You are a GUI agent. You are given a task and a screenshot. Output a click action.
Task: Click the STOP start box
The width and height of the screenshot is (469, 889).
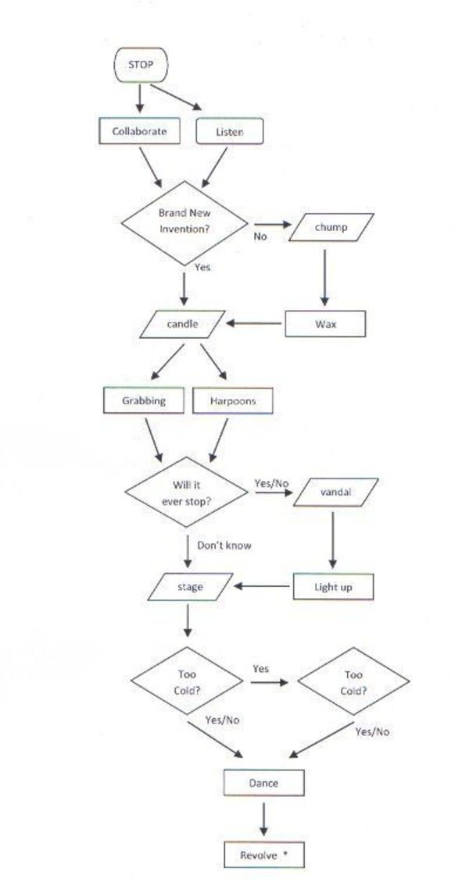tap(141, 65)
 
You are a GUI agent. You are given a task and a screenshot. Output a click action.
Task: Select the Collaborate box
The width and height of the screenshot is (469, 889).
tap(139, 131)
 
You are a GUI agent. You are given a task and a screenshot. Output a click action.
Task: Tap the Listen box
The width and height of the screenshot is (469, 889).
tap(229, 132)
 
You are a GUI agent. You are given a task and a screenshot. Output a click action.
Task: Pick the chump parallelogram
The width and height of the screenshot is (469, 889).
tap(331, 227)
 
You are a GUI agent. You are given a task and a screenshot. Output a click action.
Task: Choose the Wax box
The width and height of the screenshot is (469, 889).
tap(325, 324)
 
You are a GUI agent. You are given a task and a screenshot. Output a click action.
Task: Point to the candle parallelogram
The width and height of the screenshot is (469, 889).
tap(183, 323)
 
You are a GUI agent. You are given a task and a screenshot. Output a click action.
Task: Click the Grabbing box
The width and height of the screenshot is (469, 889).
tap(144, 400)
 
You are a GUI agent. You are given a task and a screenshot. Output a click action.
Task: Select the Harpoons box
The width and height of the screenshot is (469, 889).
tap(232, 401)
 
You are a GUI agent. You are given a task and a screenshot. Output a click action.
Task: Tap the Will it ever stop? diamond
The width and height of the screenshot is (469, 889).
tap(187, 493)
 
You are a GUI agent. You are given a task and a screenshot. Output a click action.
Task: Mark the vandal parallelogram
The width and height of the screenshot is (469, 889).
tap(336, 493)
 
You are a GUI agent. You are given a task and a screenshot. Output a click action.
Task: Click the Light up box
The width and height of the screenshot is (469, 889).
tap(333, 587)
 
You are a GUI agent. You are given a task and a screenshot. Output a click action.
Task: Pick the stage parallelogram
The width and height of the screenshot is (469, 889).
tap(190, 586)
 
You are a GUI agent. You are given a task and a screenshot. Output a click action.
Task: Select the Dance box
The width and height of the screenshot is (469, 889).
tap(263, 783)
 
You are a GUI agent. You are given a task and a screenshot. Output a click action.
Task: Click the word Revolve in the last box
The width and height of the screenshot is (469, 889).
tap(259, 855)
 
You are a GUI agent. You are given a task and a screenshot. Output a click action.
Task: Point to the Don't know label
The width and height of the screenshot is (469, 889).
tap(224, 546)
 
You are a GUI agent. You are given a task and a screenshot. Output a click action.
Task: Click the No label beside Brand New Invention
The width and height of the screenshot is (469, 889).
tap(260, 236)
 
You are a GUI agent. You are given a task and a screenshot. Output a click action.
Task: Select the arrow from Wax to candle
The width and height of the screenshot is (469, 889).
tap(254, 323)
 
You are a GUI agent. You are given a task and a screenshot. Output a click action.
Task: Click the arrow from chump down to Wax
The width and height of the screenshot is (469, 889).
tap(324, 277)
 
